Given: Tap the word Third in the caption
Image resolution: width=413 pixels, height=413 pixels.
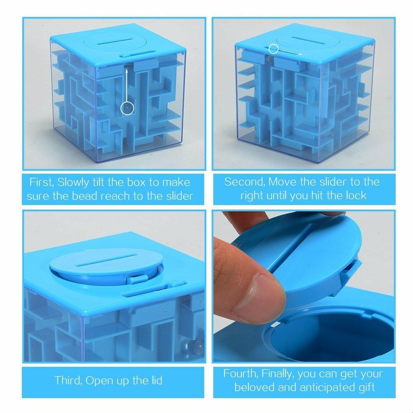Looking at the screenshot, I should [x=68, y=380].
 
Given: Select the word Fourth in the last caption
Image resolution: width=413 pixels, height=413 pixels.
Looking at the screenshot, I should [x=241, y=374].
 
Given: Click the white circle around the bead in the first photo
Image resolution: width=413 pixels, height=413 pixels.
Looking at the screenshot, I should [x=127, y=109].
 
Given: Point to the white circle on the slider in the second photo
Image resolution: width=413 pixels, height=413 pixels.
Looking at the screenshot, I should [x=273, y=49].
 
